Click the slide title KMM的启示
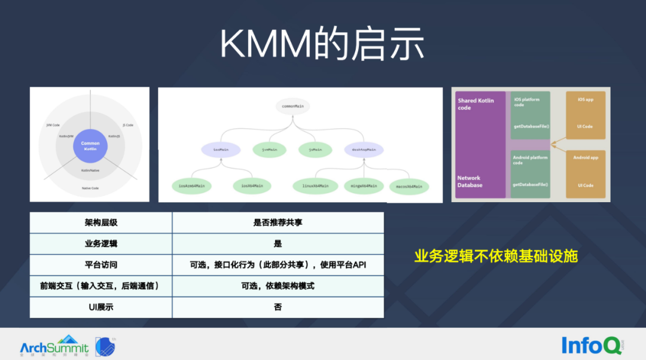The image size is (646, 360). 322,44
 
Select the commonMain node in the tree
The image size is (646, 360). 293,106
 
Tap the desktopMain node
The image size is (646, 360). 364,149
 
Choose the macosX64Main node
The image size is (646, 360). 409,187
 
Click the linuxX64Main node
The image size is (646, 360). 315,186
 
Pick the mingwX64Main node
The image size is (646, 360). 364,186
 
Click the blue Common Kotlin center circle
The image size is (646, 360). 90,146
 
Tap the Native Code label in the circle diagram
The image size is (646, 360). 90,188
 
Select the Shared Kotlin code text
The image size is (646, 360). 476,104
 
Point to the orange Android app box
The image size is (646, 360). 586,172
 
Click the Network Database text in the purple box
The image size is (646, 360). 470,181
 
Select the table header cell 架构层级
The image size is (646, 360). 101,222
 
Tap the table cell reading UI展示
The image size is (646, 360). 101,307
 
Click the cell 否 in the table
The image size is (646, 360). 278,307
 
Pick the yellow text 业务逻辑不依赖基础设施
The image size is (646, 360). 496,256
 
